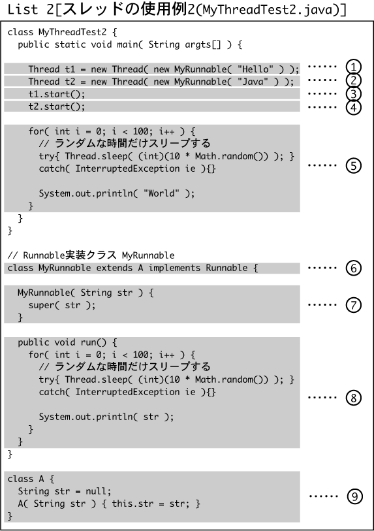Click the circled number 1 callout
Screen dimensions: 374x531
[353, 67]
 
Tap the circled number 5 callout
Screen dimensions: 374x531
[353, 166]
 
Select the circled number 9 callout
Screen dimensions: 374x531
[354, 496]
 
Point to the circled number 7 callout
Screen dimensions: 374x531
[353, 305]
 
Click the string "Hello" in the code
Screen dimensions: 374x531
[255, 69]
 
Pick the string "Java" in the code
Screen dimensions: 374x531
[253, 81]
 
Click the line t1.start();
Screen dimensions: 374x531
[57, 94]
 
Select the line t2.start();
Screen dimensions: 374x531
[57, 106]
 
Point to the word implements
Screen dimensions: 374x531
[174, 268]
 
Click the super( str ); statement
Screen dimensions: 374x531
[62, 305]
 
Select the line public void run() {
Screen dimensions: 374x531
[67, 342]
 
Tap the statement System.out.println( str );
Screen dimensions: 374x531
[106, 417]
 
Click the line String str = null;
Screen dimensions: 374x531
[65, 491]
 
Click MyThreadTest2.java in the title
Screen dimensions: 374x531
[268, 10]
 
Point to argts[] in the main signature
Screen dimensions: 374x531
[203, 44]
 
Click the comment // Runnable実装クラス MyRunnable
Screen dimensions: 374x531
[91, 255]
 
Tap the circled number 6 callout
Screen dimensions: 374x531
[353, 268]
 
